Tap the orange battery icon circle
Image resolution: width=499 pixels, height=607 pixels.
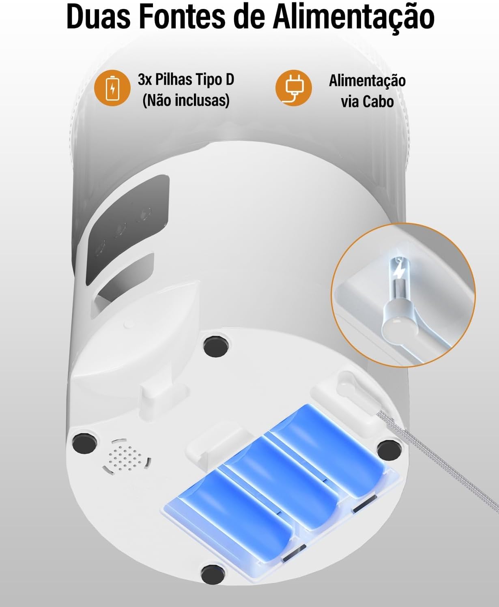112,88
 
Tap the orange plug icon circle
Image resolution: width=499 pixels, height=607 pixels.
294,88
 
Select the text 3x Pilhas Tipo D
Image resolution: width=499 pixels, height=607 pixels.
186,79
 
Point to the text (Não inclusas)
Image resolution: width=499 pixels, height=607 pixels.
186,101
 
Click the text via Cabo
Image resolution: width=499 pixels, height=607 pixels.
367,102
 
